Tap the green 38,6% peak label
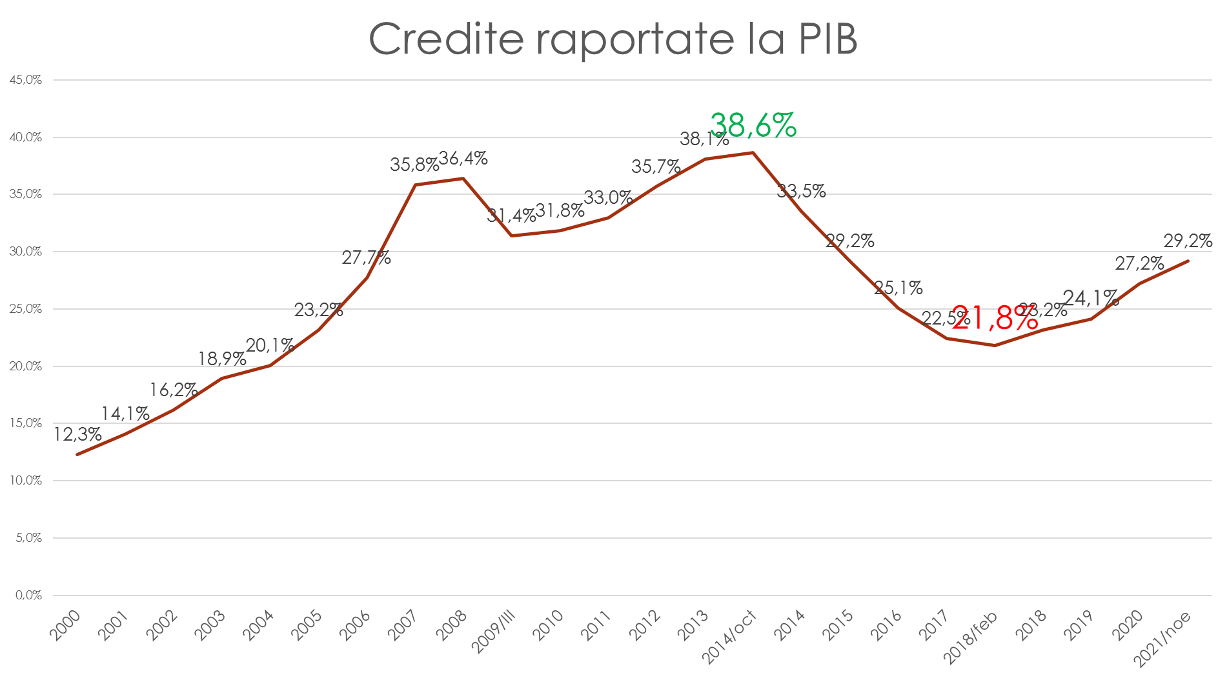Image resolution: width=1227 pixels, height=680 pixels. pyautogui.click(x=753, y=125)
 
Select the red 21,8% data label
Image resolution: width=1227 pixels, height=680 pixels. pyautogui.click(x=995, y=318)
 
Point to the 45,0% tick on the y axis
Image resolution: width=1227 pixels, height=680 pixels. pyautogui.click(x=26, y=80)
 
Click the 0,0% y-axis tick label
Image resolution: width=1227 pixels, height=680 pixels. pyautogui.click(x=28, y=595)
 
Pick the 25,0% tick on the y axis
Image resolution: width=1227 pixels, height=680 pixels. pyautogui.click(x=26, y=309)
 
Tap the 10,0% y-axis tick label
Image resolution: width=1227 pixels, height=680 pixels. pyautogui.click(x=26, y=481)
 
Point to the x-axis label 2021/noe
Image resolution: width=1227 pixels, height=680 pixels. pyautogui.click(x=1162, y=639)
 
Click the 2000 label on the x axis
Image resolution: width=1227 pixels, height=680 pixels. pyautogui.click(x=66, y=625)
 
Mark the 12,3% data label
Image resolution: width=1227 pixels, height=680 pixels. pyautogui.click(x=77, y=435)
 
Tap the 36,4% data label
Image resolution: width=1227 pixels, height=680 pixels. pyautogui.click(x=463, y=158)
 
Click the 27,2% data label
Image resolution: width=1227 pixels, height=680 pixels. pyautogui.click(x=1140, y=263)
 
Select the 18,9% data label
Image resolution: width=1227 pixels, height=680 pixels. pyautogui.click(x=222, y=359)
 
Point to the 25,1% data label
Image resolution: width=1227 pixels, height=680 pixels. pyautogui.click(x=898, y=288)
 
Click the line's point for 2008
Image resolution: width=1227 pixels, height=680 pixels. pyautogui.click(x=463, y=178)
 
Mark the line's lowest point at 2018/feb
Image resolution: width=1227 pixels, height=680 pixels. pyautogui.click(x=995, y=345)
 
